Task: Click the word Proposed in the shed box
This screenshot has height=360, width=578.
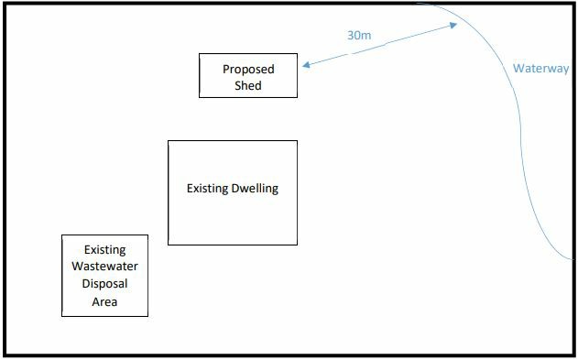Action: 248,70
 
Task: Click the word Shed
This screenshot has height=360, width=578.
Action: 248,86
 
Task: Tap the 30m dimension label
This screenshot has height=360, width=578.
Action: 358,36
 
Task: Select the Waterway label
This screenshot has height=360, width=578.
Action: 540,69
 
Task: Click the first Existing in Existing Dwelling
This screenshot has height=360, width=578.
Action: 207,190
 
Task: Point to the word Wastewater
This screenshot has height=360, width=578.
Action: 104,267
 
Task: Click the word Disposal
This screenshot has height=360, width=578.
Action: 104,284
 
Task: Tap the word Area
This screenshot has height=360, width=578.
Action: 104,301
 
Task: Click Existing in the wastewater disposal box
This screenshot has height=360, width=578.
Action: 104,249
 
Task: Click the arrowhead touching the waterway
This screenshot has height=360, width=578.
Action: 455,25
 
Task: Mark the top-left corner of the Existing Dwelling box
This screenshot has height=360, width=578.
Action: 169,141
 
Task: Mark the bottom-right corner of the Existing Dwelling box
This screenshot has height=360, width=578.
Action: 297,245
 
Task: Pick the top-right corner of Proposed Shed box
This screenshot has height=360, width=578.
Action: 298,54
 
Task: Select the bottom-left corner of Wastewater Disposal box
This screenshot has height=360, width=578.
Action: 61,316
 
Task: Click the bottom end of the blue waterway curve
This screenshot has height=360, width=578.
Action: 573,257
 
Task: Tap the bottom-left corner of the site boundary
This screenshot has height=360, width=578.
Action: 4,355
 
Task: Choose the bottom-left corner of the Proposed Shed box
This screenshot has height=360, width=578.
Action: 200,96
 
